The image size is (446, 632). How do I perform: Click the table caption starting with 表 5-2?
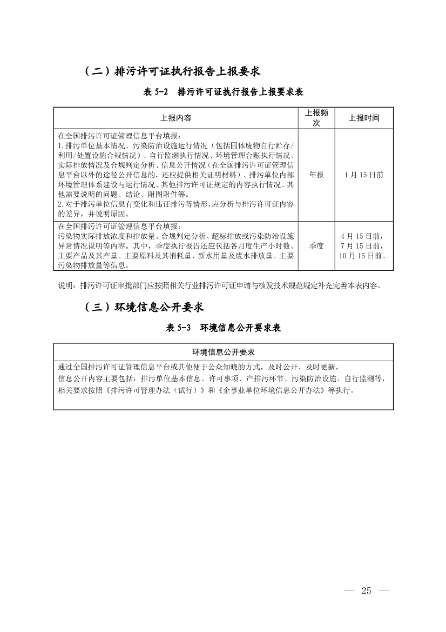pyautogui.click(x=227, y=92)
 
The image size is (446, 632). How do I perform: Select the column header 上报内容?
pyautogui.click(x=176, y=118)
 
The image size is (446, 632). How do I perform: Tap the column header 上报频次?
pyautogui.click(x=316, y=118)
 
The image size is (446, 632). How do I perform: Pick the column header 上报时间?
pyautogui.click(x=363, y=118)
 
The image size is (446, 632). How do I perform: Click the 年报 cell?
pyautogui.click(x=316, y=175)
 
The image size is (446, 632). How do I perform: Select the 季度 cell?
pyautogui.click(x=316, y=245)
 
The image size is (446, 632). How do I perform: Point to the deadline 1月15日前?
pyautogui.click(x=363, y=175)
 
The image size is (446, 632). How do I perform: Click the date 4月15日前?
pyautogui.click(x=363, y=236)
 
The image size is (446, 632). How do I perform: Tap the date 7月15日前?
pyautogui.click(x=363, y=245)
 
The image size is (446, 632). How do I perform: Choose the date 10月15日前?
pyautogui.click(x=363, y=255)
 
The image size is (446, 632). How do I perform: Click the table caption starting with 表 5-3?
pyautogui.click(x=223, y=328)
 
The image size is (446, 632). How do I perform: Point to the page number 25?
pyautogui.click(x=367, y=590)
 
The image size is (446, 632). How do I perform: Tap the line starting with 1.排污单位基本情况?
pyautogui.click(x=176, y=146)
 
